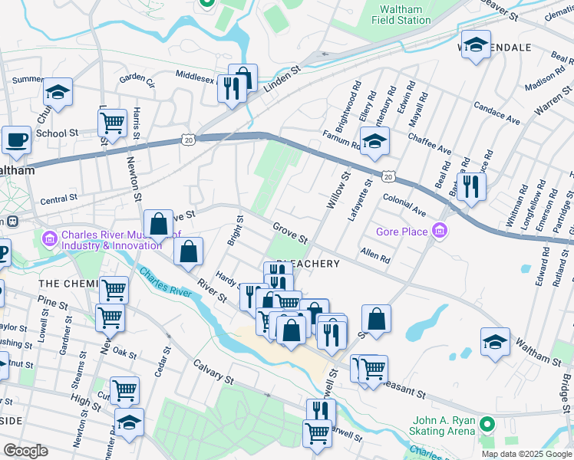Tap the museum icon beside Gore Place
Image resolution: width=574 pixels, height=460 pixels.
click(x=440, y=231)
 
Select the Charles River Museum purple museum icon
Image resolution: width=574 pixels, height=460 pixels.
click(x=51, y=238)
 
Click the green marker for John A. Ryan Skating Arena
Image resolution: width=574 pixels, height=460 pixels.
click(x=486, y=424)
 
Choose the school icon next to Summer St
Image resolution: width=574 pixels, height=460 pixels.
click(x=58, y=92)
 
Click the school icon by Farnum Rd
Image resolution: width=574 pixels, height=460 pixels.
click(x=374, y=141)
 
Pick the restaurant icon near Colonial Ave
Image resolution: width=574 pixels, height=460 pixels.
click(x=470, y=186)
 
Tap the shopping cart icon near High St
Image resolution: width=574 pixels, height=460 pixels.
click(x=124, y=389)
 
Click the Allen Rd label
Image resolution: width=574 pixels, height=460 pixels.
click(x=375, y=255)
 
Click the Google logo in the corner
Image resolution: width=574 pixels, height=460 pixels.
click(x=25, y=451)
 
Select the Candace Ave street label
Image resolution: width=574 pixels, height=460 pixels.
click(x=496, y=113)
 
